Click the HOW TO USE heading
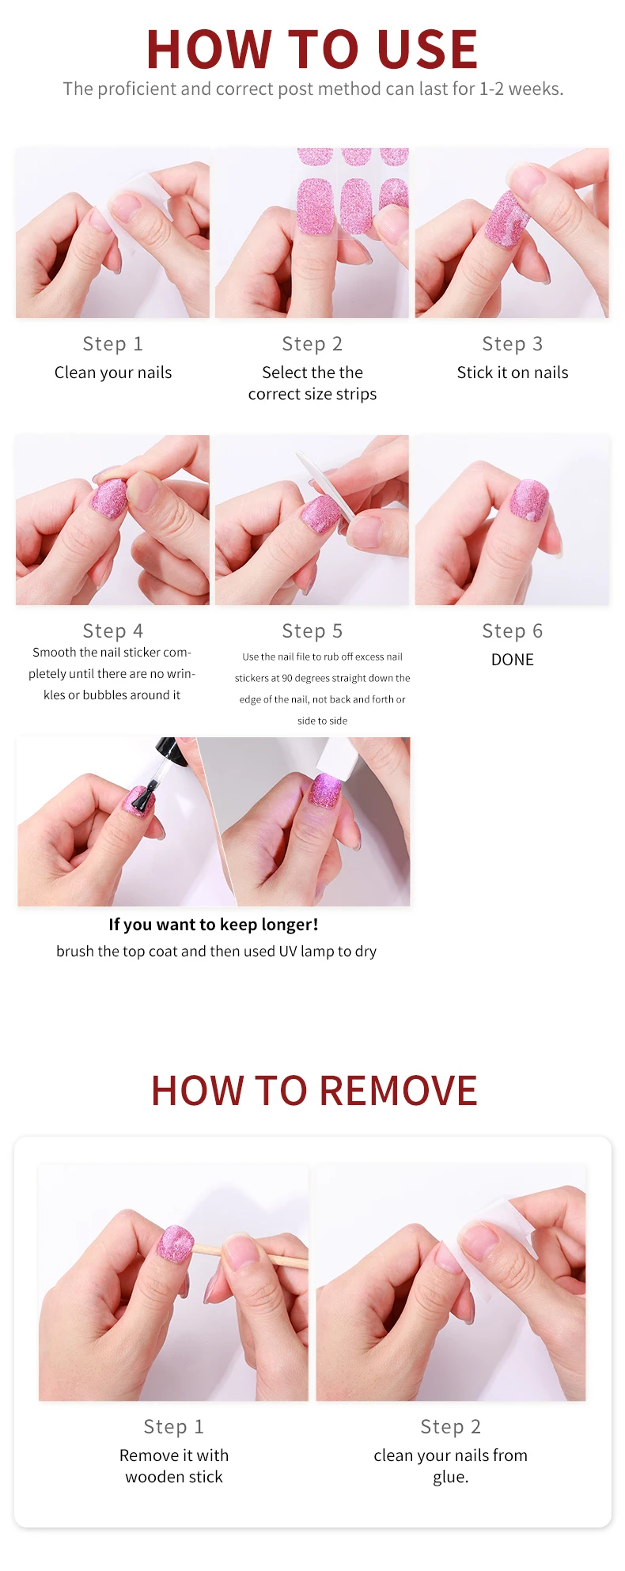312,49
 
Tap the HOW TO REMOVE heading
314,1091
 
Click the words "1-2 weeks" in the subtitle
521,89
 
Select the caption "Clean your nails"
113,373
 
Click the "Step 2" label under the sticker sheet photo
312,344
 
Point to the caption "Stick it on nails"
513,373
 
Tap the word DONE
513,660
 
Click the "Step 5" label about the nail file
312,631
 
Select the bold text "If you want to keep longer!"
214,925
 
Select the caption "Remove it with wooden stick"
174,1466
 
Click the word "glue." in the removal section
451,1478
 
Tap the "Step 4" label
113,631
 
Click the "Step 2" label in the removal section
451,1427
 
